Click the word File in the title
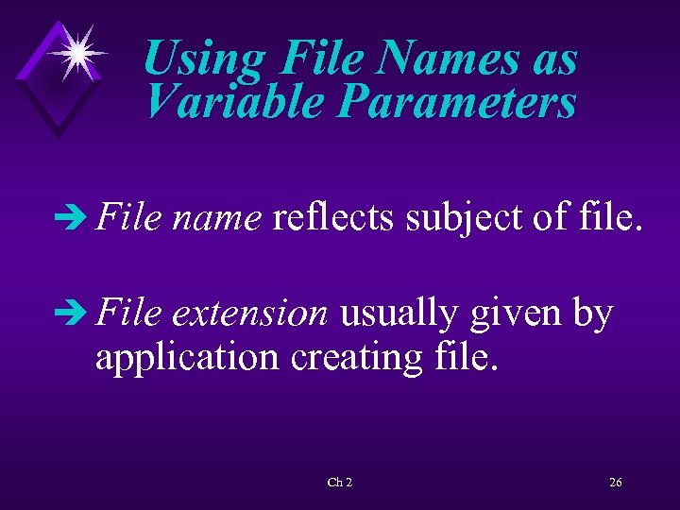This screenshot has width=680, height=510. point(320,59)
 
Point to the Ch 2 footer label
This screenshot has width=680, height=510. point(340,483)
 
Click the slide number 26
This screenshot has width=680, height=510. point(615,483)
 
